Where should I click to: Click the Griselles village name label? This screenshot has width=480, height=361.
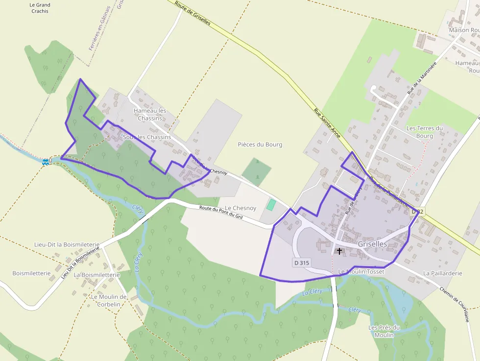(372, 244)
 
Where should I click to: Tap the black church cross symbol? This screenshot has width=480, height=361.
(339, 251)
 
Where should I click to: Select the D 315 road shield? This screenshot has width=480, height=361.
(302, 263)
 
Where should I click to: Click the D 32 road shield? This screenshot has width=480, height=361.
(416, 211)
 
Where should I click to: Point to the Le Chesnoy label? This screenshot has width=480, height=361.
(240, 208)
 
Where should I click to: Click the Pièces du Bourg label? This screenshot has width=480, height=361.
(260, 144)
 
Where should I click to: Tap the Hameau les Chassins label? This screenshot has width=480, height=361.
(150, 114)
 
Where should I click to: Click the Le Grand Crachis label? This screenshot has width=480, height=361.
(40, 8)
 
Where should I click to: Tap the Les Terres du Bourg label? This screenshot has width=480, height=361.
(424, 132)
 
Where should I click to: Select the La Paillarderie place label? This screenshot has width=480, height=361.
(442, 273)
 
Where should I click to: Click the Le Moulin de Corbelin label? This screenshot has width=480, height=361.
(109, 300)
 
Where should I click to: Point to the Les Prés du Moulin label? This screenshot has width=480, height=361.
(384, 331)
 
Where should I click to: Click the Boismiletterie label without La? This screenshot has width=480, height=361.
(31, 273)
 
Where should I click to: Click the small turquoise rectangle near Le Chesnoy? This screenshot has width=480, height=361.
(271, 204)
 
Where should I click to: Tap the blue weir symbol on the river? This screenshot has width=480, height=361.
(46, 161)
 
